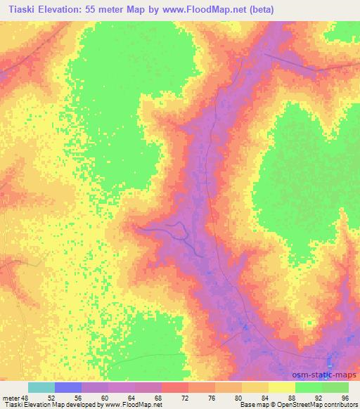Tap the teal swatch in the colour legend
coord(41,387)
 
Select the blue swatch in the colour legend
coord(68,387)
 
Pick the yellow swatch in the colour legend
coord(282,387)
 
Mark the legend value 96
coord(345,398)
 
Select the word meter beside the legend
coord(11,398)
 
